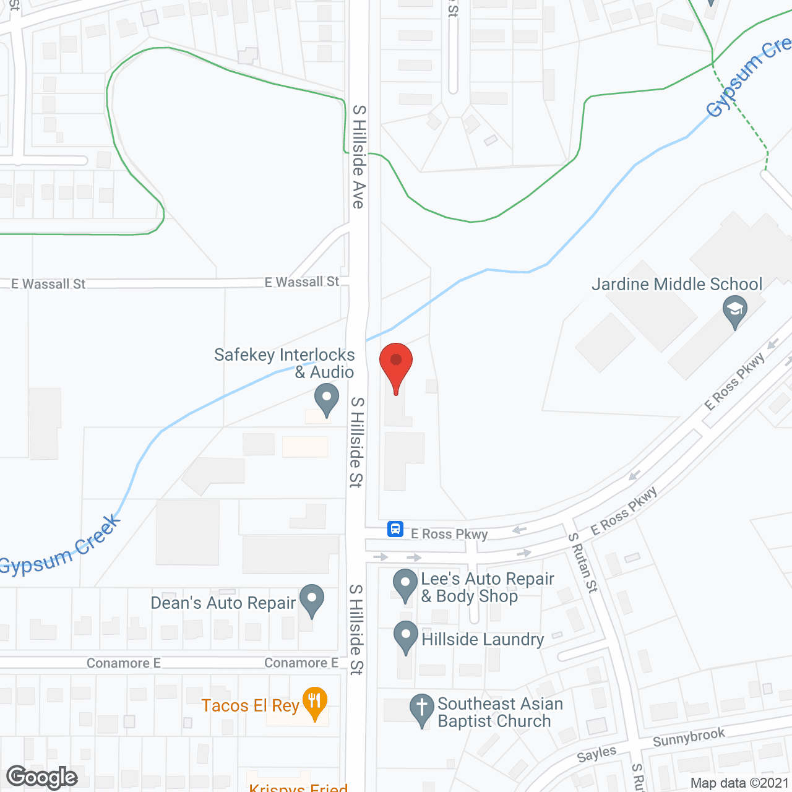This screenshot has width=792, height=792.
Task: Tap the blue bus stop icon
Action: tap(395, 529)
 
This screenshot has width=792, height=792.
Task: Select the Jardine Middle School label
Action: tap(677, 285)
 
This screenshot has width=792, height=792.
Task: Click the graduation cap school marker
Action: tap(735, 309)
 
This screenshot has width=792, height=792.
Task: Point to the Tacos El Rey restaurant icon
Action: tap(315, 702)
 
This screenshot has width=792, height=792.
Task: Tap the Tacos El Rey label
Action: tap(250, 706)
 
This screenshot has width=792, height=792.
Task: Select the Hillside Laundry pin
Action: tap(405, 635)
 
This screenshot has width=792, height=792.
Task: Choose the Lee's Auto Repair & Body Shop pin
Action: tap(405, 583)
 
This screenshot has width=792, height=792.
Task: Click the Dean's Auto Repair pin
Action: tap(312, 599)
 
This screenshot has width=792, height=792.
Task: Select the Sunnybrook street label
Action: tap(689, 738)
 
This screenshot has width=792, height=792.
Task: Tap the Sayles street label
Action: tap(596, 754)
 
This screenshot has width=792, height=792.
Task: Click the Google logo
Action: tap(42, 777)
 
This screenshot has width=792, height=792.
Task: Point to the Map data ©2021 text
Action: tap(739, 783)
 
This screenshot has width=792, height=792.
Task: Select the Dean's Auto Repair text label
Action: tap(223, 603)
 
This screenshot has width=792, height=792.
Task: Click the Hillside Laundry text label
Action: tap(483, 639)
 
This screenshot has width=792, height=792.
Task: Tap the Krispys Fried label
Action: tap(298, 787)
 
